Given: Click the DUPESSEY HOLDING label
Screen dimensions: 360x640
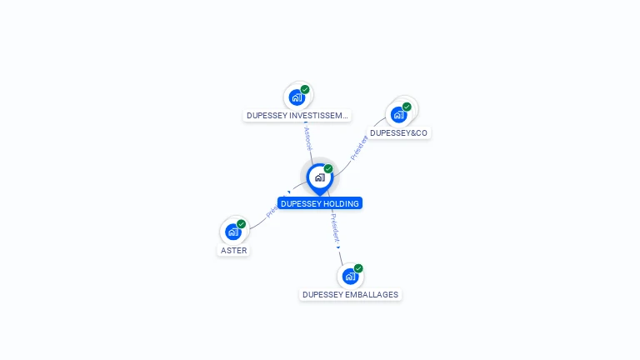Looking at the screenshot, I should pyautogui.click(x=319, y=203).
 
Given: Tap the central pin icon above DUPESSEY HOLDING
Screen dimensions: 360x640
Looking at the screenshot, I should pyautogui.click(x=319, y=177).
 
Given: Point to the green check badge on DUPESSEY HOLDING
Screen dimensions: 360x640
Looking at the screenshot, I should pyautogui.click(x=328, y=169).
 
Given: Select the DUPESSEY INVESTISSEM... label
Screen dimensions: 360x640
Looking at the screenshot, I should pyautogui.click(x=297, y=116).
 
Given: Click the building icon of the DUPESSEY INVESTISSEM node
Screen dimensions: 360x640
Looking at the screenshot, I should pyautogui.click(x=296, y=97).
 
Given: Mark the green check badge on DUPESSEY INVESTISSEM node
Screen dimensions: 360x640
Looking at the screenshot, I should pyautogui.click(x=305, y=89).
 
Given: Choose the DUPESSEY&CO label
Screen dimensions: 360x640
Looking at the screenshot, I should pyautogui.click(x=399, y=132).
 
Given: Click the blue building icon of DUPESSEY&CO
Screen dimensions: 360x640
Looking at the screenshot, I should pyautogui.click(x=398, y=114).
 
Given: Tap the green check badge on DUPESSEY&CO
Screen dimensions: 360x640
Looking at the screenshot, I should pyautogui.click(x=407, y=107).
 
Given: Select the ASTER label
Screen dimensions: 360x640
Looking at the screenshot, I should pyautogui.click(x=234, y=250).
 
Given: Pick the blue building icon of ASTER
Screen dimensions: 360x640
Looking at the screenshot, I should pyautogui.click(x=233, y=232).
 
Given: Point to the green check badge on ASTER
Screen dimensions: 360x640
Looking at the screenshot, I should pyautogui.click(x=242, y=223).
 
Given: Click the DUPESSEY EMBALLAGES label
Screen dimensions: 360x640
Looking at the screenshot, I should pyautogui.click(x=351, y=294).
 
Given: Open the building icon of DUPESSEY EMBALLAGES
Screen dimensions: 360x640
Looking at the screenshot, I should pyautogui.click(x=350, y=276).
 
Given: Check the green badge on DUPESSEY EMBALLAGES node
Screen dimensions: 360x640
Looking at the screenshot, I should pyautogui.click(x=358, y=268).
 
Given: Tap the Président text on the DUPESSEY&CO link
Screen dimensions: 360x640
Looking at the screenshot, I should pyautogui.click(x=359, y=148).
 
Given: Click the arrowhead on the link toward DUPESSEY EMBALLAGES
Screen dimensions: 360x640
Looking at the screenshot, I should pyautogui.click(x=338, y=247).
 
